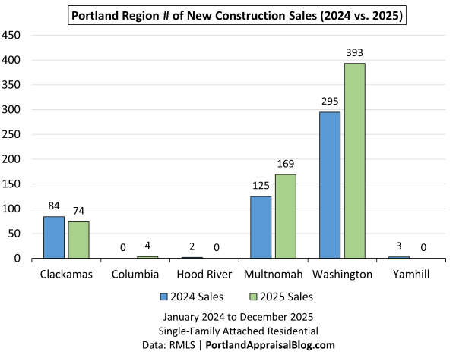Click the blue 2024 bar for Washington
pyautogui.click(x=330, y=185)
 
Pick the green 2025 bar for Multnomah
pyautogui.click(x=285, y=216)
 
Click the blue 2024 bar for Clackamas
pyautogui.click(x=54, y=237)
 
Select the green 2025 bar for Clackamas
pyautogui.click(x=78, y=240)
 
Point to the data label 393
pyautogui.click(x=355, y=53)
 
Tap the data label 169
pyautogui.click(x=285, y=164)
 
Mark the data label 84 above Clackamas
pyautogui.click(x=54, y=206)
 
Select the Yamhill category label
pyautogui.click(x=410, y=274)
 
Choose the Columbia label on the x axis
pyautogui.click(x=135, y=274)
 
